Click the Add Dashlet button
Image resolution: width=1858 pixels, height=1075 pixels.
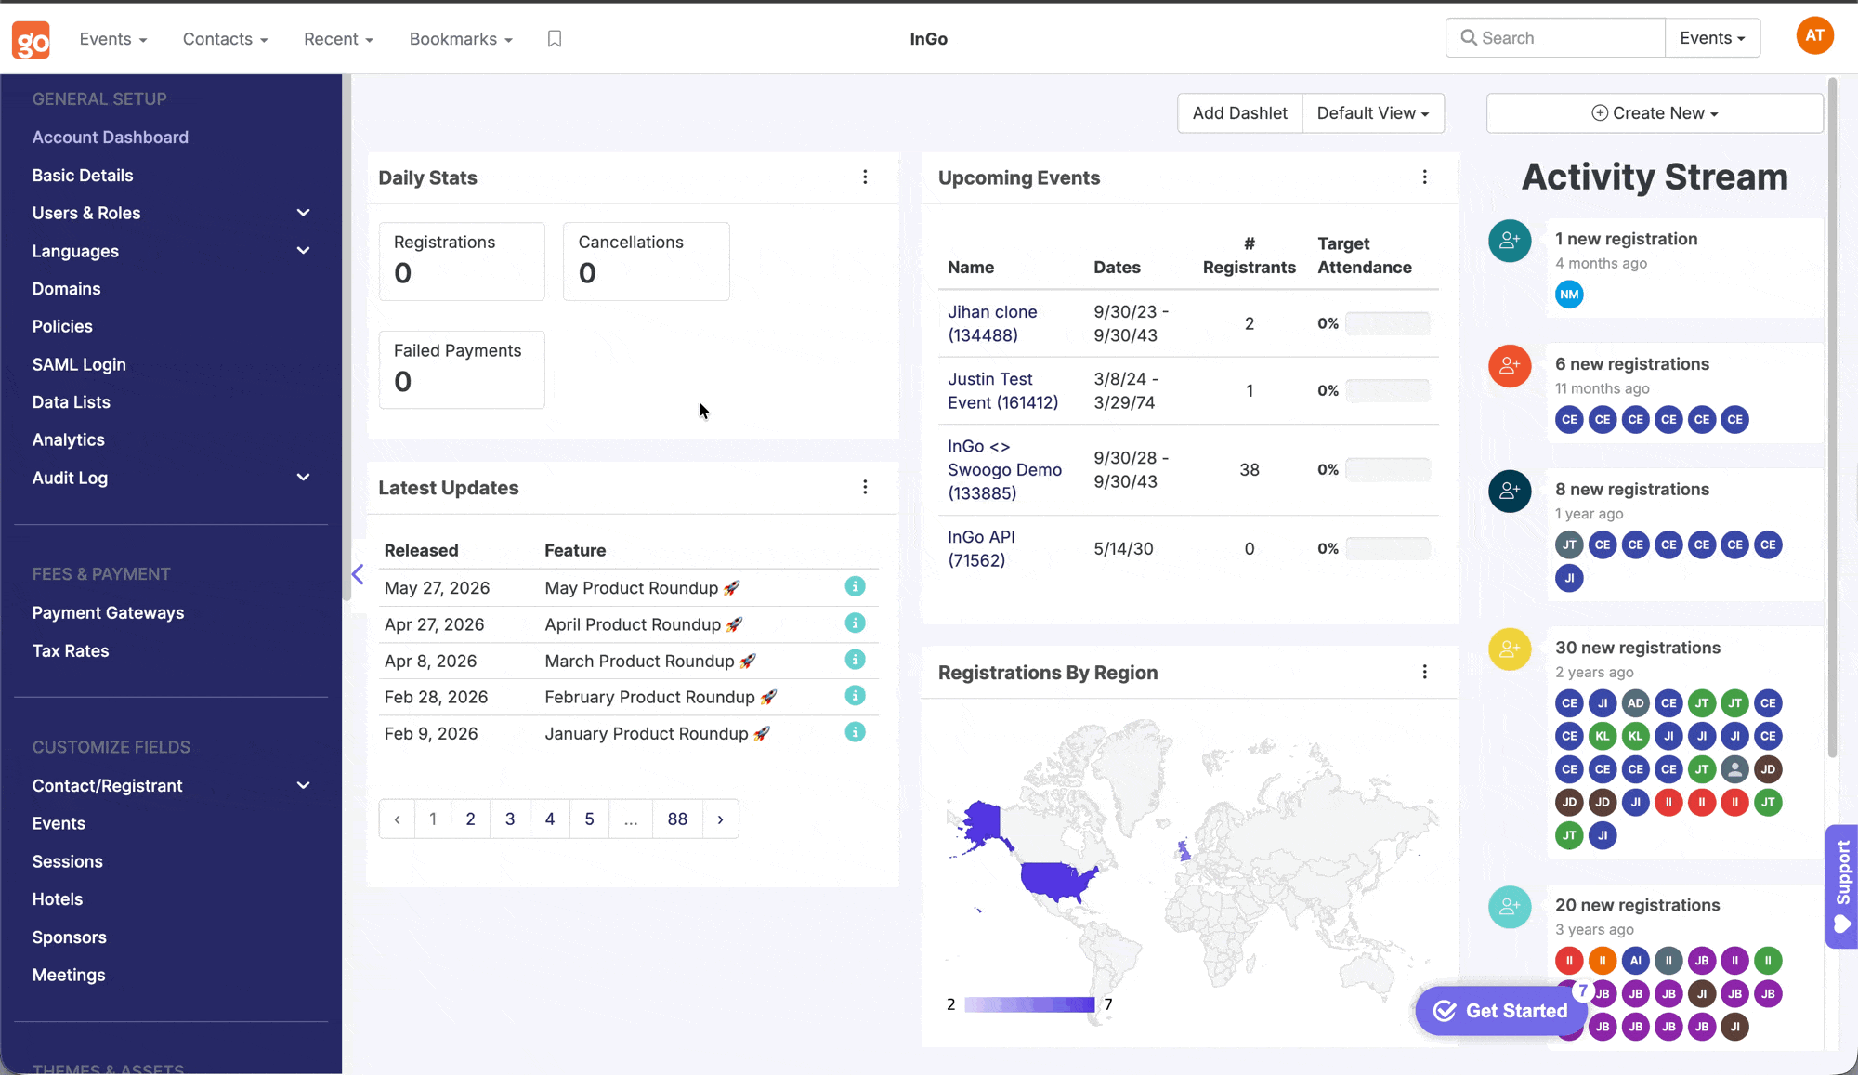(1239, 113)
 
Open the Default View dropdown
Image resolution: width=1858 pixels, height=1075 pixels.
(1373, 113)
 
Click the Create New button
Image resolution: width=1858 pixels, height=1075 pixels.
(1655, 113)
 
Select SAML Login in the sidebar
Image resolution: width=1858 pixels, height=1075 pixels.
(79, 364)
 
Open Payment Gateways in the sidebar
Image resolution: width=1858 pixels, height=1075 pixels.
(108, 613)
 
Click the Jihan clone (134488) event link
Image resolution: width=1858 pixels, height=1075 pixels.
(992, 323)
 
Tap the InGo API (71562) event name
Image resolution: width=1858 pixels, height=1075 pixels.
(981, 548)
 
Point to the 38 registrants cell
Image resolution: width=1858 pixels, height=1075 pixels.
(1250, 469)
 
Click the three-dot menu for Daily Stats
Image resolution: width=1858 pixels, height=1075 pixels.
(865, 177)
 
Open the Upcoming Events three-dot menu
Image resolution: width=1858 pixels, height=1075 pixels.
(1425, 177)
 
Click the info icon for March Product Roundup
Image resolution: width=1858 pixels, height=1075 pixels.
(855, 660)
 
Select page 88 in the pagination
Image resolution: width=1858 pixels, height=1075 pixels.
(677, 819)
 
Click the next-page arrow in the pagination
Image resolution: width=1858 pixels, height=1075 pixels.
(720, 819)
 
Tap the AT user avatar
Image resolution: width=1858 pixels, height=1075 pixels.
(1814, 36)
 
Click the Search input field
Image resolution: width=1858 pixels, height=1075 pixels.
(1555, 38)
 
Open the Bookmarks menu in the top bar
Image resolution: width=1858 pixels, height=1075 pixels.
(461, 39)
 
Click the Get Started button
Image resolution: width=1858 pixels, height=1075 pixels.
(1500, 1011)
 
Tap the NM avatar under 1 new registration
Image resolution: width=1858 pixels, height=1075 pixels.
(1569, 295)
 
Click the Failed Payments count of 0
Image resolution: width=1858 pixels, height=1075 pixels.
(402, 381)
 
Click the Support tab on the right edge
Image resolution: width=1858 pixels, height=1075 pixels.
(1842, 885)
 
